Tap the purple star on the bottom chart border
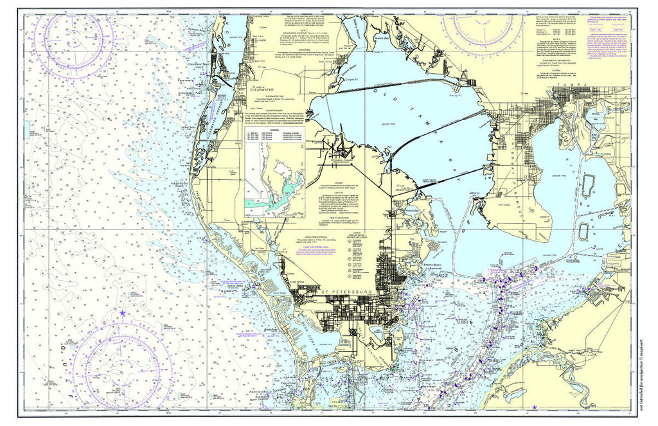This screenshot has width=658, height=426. tap(535, 407)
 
